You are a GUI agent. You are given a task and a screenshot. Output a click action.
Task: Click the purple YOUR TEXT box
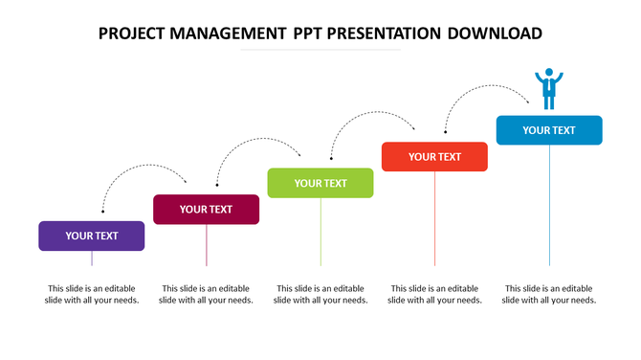[92, 236]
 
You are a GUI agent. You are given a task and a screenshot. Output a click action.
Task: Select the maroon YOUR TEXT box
[207, 209]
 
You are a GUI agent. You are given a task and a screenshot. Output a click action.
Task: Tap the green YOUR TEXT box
[320, 183]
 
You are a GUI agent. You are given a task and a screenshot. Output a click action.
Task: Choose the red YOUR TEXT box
[435, 157]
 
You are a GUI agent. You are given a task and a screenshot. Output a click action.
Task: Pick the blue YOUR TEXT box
[549, 130]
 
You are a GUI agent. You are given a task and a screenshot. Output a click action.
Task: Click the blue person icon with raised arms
[549, 88]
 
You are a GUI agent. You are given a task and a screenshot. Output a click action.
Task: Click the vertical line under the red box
[435, 220]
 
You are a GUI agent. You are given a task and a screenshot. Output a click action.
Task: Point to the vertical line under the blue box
[549, 206]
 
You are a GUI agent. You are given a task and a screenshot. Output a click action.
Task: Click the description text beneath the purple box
[92, 294]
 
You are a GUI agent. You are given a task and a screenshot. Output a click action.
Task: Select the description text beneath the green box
[320, 294]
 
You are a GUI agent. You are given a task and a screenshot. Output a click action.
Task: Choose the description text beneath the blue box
[549, 294]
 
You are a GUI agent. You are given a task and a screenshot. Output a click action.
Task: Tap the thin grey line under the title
[320, 50]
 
